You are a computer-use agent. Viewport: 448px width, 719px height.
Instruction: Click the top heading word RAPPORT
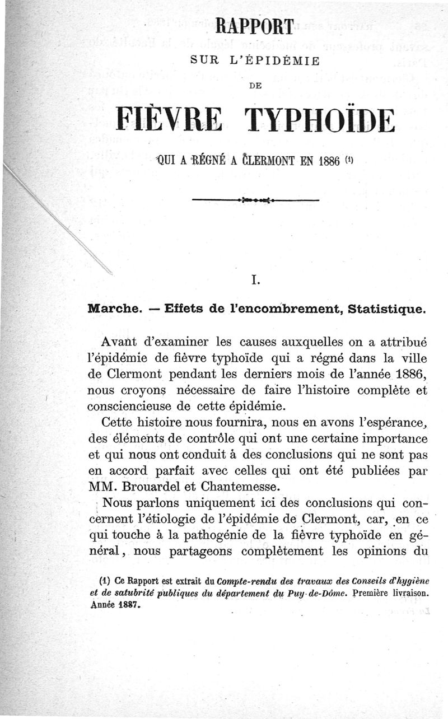pyautogui.click(x=254, y=27)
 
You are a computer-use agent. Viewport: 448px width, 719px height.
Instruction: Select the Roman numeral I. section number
pyautogui.click(x=255, y=281)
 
